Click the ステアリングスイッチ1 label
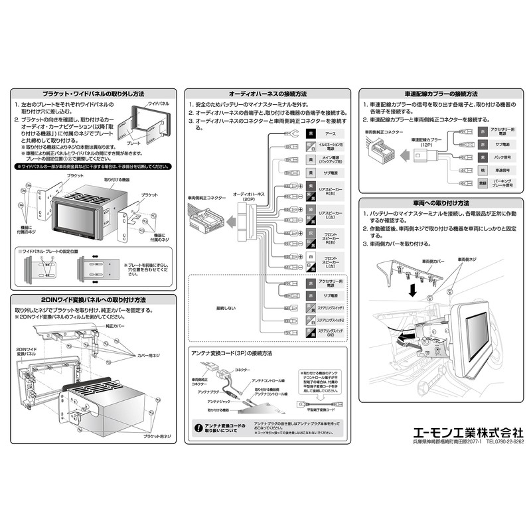(330, 309)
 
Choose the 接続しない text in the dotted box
(226, 309)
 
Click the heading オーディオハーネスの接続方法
(267, 94)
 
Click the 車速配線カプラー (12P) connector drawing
(421, 156)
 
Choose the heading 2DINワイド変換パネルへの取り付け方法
(94, 300)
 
